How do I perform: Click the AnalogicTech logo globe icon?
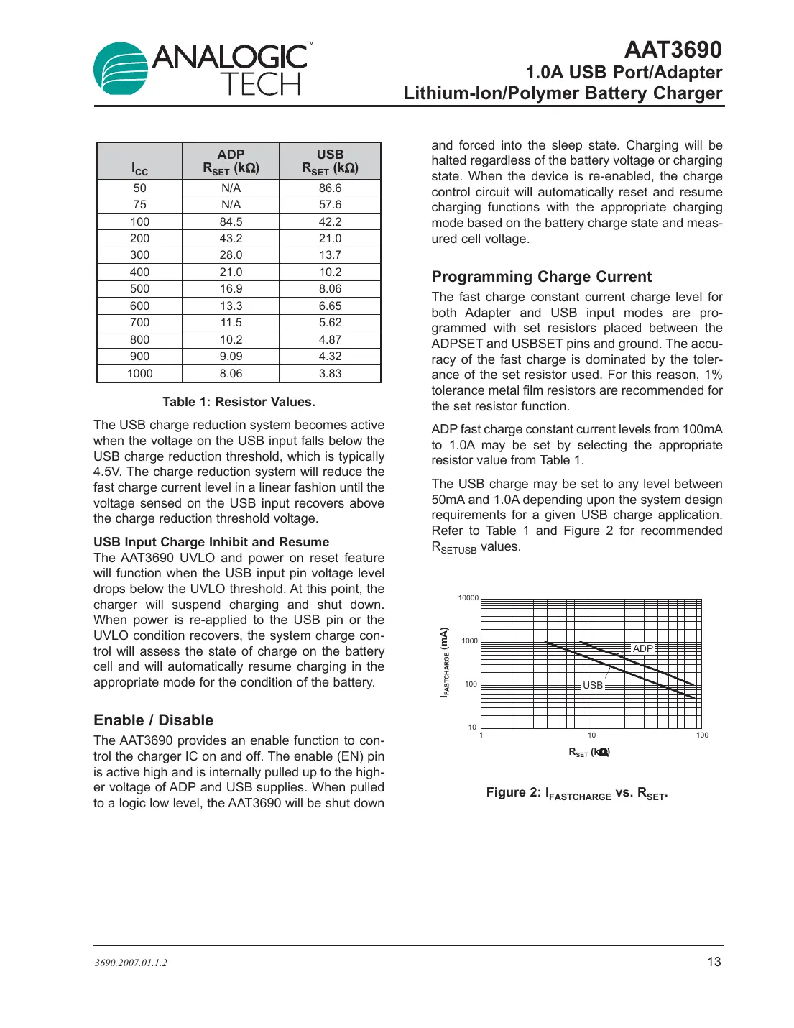(x=121, y=69)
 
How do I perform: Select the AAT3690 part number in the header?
(x=673, y=50)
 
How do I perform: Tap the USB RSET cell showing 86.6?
(x=330, y=188)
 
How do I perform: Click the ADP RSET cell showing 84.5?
(x=231, y=221)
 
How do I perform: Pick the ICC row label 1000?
(x=139, y=373)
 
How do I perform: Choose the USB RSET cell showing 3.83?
(x=330, y=373)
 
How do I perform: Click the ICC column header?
(x=139, y=169)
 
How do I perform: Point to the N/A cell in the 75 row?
(x=231, y=205)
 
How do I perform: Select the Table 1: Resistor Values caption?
(x=239, y=402)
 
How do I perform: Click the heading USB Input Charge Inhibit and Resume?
(x=211, y=542)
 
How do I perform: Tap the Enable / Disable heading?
(x=153, y=720)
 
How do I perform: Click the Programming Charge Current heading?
(x=541, y=277)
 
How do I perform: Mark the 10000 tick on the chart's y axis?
(x=468, y=598)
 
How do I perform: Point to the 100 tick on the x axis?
(x=702, y=735)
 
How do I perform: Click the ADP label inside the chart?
(x=642, y=648)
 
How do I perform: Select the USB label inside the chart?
(x=593, y=685)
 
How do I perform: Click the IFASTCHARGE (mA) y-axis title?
(x=445, y=662)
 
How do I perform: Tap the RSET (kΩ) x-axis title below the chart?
(x=589, y=752)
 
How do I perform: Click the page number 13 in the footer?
(x=714, y=962)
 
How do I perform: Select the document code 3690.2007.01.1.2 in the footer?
(x=131, y=963)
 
